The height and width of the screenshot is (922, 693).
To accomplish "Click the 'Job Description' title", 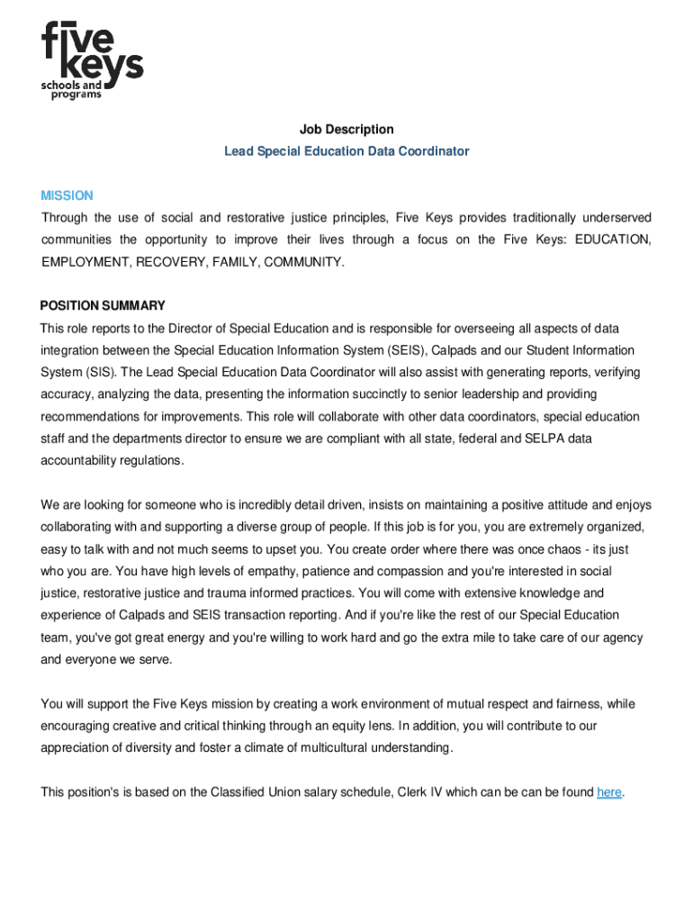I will pyautogui.click(x=346, y=130).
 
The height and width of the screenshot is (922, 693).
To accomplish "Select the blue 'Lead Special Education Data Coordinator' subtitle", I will pyautogui.click(x=346, y=151).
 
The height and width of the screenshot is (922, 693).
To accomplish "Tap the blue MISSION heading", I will pyautogui.click(x=67, y=195).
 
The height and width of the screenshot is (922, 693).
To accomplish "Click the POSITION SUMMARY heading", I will pyautogui.click(x=103, y=305).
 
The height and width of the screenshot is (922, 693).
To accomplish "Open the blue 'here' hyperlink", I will pyautogui.click(x=609, y=792).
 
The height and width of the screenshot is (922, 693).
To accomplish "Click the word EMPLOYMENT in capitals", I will pyautogui.click(x=85, y=262).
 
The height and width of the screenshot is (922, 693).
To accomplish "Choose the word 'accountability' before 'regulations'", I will pyautogui.click(x=83, y=460).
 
